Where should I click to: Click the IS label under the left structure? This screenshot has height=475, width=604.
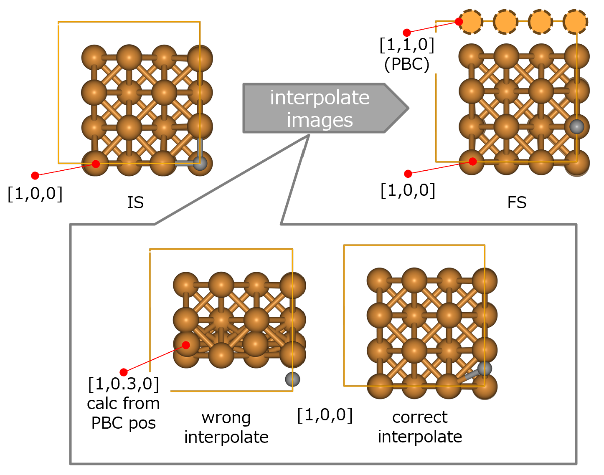135,202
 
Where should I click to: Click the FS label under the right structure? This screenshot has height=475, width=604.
517,202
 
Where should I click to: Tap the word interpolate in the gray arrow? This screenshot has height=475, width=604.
320,98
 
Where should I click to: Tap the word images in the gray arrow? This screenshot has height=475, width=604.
320,120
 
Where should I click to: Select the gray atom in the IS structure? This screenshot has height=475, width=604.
200,163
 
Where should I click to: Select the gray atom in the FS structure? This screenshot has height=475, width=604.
577,126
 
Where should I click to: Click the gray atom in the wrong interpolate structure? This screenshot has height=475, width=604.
292,379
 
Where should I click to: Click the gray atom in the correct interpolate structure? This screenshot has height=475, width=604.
485,369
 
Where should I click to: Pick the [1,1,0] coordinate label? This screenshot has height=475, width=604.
407,45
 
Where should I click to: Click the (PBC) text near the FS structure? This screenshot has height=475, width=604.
407,64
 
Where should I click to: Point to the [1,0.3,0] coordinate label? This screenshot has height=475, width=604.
124,384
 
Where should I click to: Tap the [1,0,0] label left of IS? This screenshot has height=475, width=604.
35,194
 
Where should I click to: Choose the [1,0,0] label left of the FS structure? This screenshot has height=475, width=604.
408,190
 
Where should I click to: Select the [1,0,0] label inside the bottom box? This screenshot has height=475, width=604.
325,415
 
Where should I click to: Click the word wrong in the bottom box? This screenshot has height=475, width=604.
226,417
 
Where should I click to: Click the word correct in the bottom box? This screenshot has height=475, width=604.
420,417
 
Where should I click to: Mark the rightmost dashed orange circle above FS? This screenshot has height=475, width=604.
575,22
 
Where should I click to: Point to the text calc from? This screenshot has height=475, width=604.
124,403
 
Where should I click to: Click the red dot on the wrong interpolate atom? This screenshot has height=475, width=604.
186,345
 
